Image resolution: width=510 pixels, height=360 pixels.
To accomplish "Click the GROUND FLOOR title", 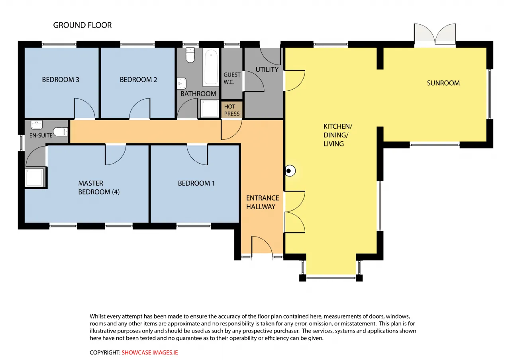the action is pos(82,25).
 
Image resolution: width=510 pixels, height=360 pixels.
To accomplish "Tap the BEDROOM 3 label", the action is pos(61,80).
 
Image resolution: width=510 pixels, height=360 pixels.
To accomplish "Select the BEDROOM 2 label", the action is pos(138,80).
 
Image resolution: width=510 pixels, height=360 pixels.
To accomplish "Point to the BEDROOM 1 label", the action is pos(196,183).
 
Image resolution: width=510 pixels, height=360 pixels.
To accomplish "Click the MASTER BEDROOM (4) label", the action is pos(99,188).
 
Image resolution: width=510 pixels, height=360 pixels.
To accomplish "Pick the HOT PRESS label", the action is pos(232,110).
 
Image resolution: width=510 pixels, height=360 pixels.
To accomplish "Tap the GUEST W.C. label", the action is pos(232,78).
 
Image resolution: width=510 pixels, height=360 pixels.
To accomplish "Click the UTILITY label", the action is pos(267,70).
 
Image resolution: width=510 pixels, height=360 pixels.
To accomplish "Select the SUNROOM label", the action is pos(443,83).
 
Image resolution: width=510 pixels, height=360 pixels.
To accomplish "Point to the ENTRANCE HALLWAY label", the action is pos(263,202).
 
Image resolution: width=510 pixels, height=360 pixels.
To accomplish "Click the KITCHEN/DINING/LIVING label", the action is pos(338,135).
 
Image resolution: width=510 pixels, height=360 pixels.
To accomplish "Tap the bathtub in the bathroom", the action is pos(211,67).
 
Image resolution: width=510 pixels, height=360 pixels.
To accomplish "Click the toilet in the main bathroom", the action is pos(190,55).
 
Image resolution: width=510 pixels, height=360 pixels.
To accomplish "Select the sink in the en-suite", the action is pos(37,125).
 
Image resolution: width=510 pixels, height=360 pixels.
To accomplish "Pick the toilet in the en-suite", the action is pos(61,132).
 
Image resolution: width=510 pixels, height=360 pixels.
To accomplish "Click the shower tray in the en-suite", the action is pos(35,178).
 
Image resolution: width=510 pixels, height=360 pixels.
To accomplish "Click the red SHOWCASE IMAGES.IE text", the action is pos(149,352).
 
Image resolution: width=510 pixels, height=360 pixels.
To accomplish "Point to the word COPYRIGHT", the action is pos(104,352).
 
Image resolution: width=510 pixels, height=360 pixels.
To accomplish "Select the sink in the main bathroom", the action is pos(182,84).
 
